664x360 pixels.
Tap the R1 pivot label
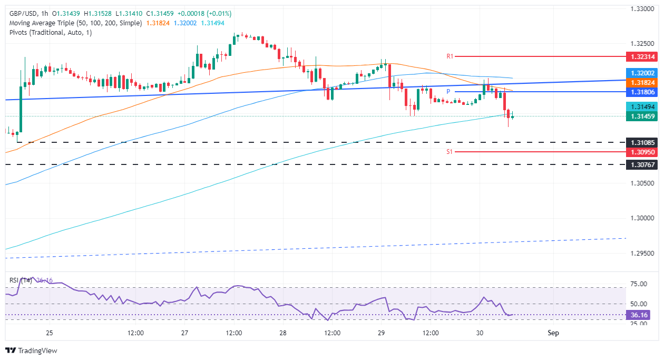point(450,56)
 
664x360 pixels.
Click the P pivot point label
point(447,92)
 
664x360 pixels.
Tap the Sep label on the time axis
point(553,333)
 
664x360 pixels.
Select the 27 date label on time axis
point(184,333)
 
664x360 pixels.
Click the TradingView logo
point(32,351)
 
